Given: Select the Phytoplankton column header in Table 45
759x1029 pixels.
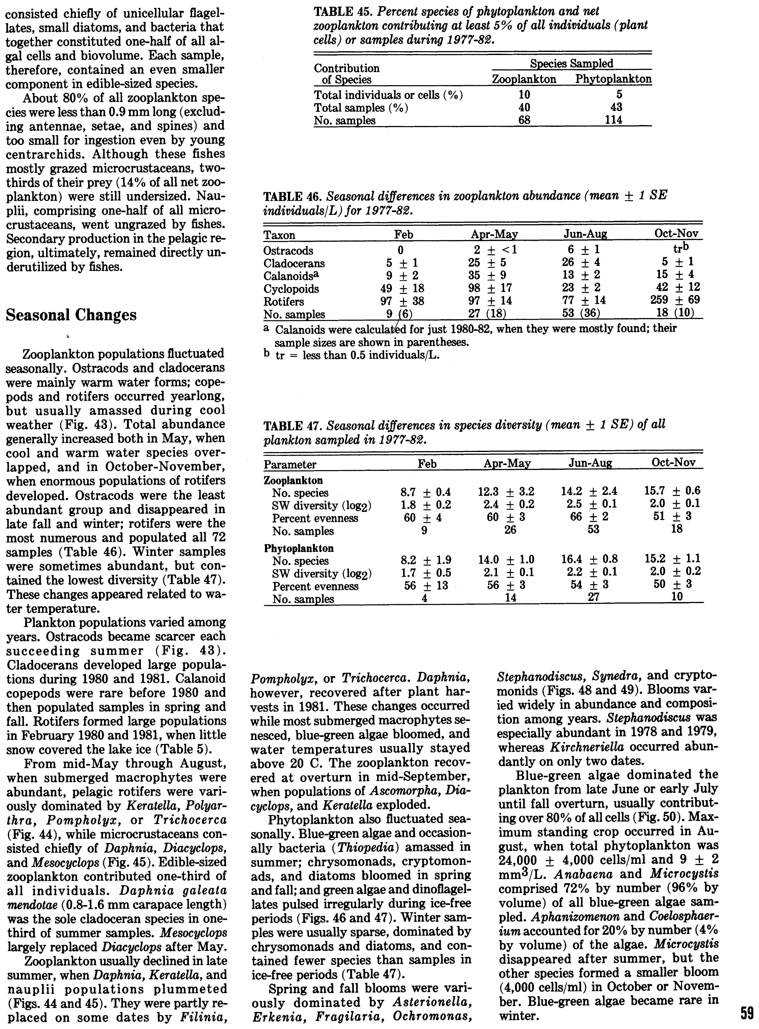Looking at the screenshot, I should coord(613,79).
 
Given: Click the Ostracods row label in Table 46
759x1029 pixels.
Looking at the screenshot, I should coord(288,251).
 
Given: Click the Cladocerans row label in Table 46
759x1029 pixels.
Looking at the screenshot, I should coord(294,263).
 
